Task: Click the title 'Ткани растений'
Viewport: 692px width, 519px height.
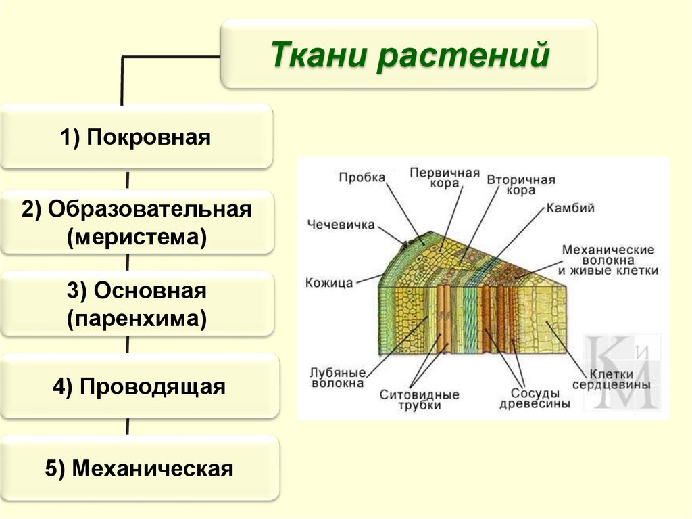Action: point(409,55)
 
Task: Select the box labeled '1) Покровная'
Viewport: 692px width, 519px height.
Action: point(136,137)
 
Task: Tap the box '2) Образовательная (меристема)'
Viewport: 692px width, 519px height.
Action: point(136,223)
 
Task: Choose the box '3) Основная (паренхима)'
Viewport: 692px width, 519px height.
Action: point(136,304)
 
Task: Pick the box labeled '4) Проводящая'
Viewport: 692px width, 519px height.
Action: point(139,387)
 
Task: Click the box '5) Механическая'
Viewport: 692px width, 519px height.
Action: point(139,469)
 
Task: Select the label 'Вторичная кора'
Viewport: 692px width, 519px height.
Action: point(520,185)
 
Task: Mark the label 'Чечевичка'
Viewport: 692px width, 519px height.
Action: point(341,225)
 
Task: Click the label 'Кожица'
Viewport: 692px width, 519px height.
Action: point(328,283)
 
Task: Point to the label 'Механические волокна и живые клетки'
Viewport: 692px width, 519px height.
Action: point(608,260)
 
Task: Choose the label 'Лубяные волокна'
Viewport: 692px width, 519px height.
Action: point(337,378)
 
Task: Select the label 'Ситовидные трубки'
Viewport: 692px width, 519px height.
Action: point(419,399)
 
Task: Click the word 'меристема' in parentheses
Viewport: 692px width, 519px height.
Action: point(136,238)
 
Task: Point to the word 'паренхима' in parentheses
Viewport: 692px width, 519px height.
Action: point(136,319)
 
